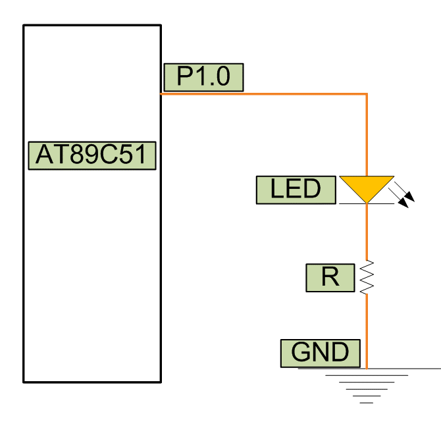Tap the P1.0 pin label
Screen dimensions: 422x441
click(203, 77)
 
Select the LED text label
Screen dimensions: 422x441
click(296, 190)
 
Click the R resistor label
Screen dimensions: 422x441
click(330, 277)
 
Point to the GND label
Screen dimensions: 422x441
click(321, 353)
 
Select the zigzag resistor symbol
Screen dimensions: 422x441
click(367, 277)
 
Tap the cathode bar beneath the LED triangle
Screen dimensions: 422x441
click(367, 203)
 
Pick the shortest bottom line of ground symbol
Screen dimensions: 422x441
click(367, 402)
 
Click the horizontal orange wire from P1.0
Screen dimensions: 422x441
click(263, 94)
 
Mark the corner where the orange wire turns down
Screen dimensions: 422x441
click(367, 94)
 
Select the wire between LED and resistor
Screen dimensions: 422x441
click(367, 230)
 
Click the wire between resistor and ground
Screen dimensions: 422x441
click(367, 329)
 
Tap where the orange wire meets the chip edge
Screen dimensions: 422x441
click(162, 94)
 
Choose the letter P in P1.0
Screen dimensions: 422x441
click(184, 77)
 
